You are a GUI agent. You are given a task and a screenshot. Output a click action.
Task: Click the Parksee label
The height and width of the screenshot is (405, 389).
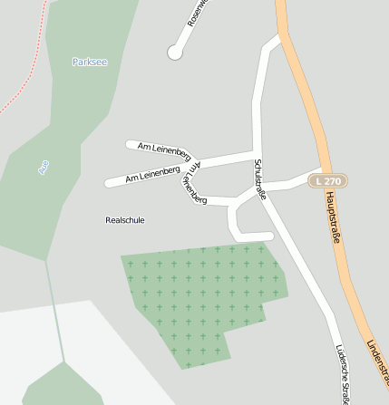pos(89,63)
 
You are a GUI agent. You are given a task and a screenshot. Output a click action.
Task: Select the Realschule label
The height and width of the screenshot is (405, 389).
pos(125,220)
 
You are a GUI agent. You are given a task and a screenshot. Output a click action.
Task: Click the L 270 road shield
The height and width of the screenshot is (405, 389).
pos(329,181)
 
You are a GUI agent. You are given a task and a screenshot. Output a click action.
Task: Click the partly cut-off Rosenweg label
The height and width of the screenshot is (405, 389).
pos(197,13)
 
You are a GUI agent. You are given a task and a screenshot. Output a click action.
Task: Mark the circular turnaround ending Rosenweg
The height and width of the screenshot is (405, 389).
pos(175,53)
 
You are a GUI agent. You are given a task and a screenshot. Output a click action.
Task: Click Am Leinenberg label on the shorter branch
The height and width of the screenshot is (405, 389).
pos(164,148)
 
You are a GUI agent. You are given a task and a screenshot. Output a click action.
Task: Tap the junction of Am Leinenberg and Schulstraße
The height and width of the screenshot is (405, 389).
pos(257,153)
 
